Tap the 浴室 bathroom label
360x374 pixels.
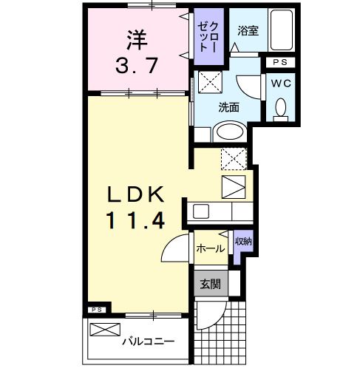(248, 31)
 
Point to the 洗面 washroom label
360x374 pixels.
(228, 107)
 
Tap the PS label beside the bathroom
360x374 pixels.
(279, 62)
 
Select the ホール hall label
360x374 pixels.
(210, 250)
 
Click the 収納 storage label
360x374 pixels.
(242, 242)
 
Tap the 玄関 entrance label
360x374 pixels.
(211, 284)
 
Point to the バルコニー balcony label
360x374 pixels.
(148, 342)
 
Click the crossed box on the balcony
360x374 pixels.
(105, 330)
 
